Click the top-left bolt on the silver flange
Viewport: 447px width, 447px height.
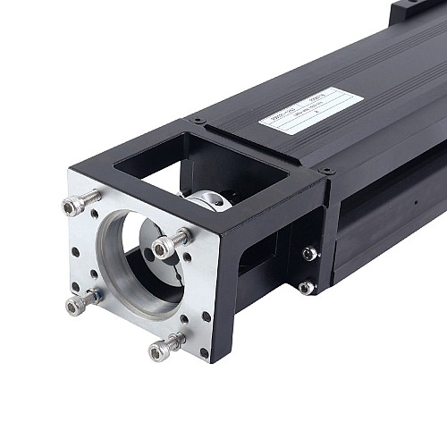(76, 206)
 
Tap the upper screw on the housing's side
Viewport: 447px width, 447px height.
(309, 254)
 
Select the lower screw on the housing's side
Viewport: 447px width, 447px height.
(306, 287)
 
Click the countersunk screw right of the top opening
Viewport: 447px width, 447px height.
(328, 170)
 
